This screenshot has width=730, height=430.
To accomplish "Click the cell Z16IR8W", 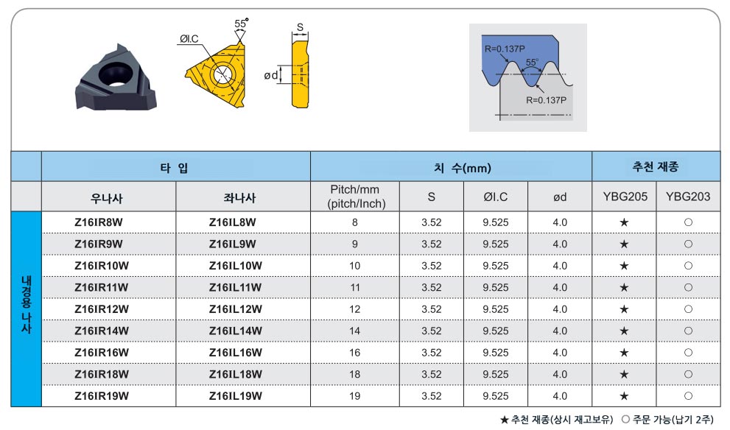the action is coord(98,222).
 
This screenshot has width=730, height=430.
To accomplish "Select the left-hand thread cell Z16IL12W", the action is coord(236,309).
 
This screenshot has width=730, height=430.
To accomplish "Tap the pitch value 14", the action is coord(355,331).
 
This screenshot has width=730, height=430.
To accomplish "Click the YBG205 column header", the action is coord(625,197).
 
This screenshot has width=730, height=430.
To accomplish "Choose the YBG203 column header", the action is coord(687,197).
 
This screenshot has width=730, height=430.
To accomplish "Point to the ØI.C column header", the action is coord(495,197).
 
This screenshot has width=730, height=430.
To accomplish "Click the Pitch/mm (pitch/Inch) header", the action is coord(356,197).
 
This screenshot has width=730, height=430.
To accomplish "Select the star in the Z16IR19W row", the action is coord(625,396).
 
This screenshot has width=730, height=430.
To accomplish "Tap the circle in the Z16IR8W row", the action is coord(688,222).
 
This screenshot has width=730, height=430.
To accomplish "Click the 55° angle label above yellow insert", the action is coord(241,24).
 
